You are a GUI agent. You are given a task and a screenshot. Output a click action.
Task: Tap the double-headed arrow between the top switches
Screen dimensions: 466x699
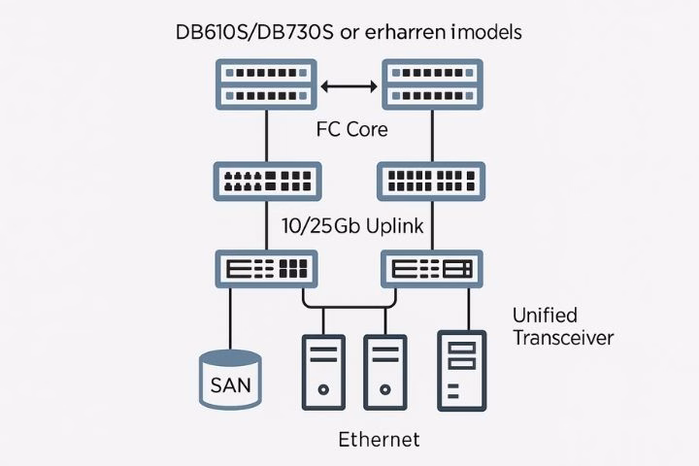tap(349, 86)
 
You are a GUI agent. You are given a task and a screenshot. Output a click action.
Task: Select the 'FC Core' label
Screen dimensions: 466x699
tap(352, 129)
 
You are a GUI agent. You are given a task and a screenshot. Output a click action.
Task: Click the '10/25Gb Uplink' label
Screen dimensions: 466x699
tap(351, 227)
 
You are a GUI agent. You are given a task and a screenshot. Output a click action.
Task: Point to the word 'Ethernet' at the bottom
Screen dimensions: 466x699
tap(379, 440)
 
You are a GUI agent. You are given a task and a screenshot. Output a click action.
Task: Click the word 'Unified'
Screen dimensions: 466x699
tap(545, 316)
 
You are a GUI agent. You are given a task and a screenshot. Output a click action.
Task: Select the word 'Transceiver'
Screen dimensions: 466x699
tap(563, 338)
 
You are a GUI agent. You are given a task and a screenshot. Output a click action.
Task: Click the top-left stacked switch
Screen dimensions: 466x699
tap(266, 84)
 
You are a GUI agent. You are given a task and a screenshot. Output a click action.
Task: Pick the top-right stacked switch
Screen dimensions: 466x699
tap(431, 84)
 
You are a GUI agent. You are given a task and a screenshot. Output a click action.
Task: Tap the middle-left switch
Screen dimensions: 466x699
tap(266, 180)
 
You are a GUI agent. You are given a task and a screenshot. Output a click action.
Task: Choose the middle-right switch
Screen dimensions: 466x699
tap(431, 180)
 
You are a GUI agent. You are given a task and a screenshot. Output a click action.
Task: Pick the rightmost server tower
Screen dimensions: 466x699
tap(462, 371)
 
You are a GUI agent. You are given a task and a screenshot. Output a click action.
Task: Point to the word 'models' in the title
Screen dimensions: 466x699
tap(488, 31)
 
